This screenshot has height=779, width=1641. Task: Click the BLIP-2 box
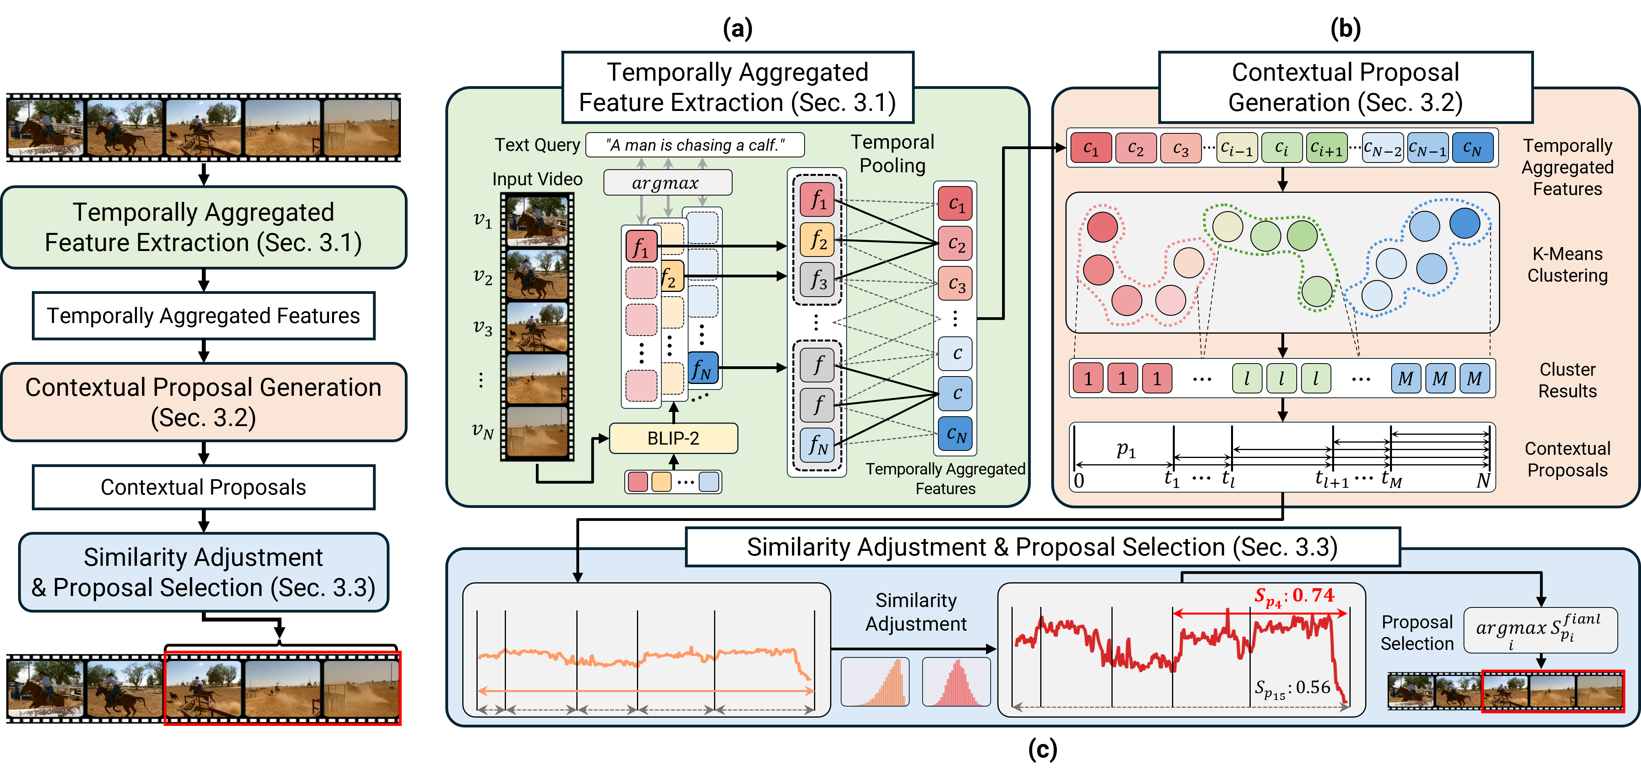tap(673, 438)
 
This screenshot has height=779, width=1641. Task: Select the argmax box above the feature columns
tap(667, 183)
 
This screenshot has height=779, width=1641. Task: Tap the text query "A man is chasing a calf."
tap(694, 145)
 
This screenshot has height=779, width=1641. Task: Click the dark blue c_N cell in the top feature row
tap(1472, 148)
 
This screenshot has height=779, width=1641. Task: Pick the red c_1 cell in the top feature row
tap(1091, 148)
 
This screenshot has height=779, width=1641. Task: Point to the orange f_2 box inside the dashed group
tap(817, 240)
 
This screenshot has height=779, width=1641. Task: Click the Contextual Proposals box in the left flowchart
tap(203, 487)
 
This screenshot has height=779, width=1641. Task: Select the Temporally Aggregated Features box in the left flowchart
tap(203, 316)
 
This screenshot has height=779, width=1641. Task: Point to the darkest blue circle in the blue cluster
tap(1464, 223)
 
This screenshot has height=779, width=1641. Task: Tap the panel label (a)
tap(738, 29)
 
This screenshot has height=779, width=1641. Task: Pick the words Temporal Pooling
tap(892, 153)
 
